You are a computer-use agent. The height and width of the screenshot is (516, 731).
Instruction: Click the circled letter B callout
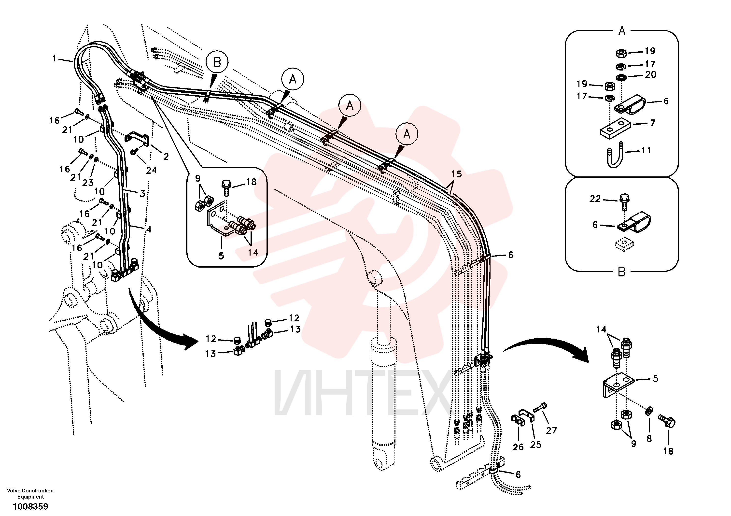point(217,62)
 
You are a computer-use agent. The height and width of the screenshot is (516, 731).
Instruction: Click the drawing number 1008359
point(30,506)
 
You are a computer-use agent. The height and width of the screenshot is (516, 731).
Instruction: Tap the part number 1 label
point(55,58)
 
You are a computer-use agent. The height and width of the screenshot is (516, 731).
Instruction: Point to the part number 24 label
point(151,171)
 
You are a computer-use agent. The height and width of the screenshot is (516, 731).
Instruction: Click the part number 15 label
point(456,174)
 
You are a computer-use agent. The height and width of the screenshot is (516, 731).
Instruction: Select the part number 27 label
point(551,430)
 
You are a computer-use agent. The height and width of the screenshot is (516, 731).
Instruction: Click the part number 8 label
point(649,439)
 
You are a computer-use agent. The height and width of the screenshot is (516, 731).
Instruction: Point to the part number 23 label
point(88,183)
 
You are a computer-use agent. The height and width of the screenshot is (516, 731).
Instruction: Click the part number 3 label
point(142,193)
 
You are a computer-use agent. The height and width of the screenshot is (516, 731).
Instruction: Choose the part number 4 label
point(148,229)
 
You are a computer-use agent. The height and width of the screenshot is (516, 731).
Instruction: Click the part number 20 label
point(651,74)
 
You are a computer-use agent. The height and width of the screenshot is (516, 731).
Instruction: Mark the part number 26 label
point(518,447)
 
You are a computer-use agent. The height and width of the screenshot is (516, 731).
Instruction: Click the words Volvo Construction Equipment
point(30,493)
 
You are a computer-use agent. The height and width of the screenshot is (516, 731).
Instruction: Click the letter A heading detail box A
point(622,31)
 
